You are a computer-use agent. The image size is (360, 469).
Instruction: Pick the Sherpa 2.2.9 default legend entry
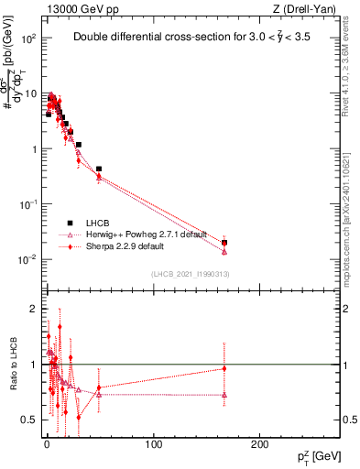pos(124,246)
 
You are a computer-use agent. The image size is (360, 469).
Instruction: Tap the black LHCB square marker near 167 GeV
pos(224,243)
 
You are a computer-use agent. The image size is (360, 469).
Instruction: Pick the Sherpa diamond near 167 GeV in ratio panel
pos(224,369)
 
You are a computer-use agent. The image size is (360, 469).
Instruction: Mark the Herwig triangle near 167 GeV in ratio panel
pos(224,395)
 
